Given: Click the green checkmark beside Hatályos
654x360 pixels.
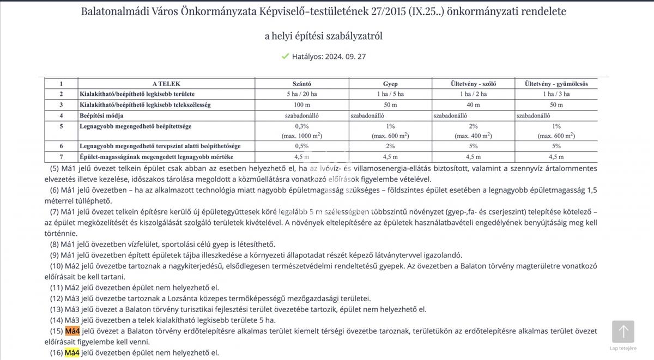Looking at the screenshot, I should pos(285,56).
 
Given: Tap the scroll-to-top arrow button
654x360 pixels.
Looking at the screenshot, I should pos(623,332).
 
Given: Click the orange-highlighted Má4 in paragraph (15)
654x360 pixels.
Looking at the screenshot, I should pos(72,331).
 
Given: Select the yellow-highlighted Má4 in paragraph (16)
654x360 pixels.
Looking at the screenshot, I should pos(72,353).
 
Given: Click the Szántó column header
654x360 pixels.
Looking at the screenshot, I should pos(302,84).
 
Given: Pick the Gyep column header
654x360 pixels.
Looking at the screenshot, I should pos(390,84).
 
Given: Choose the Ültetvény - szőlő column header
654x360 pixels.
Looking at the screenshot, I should pos(473,84).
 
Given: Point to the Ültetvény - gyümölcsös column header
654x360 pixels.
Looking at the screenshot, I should pos(556,84).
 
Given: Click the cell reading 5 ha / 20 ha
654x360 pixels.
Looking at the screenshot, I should pos(302,94).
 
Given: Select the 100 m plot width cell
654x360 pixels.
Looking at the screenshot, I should pos(302,105).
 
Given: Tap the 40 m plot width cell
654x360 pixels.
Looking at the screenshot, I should pos(473,105).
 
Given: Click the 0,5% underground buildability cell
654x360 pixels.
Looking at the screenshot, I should pos(302,146).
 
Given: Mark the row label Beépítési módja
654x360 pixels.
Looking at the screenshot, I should pos(101,115).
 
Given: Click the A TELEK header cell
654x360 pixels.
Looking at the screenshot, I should pos(166,84).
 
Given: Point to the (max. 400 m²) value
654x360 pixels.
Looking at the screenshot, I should pos(473,136).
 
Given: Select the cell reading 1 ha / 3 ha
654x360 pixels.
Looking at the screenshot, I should pos(556,94).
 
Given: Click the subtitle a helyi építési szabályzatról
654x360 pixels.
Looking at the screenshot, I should pos(324,36).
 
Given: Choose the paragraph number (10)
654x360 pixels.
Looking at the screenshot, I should pos(57,266).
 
